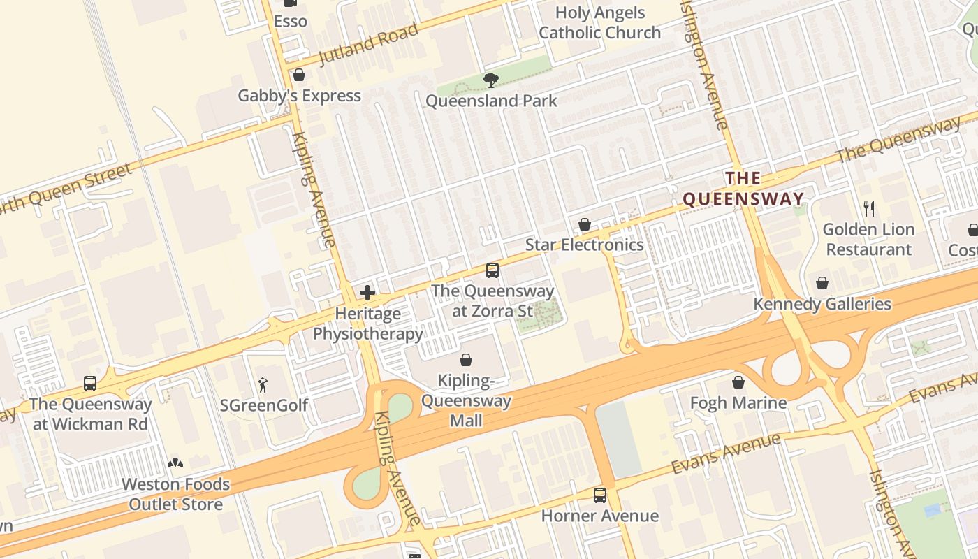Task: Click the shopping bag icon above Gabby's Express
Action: point(299,75)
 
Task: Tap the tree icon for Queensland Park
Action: point(491,80)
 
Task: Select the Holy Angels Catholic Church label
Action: point(599,22)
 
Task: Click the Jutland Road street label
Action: point(368,43)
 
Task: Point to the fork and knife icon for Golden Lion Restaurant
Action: point(869,208)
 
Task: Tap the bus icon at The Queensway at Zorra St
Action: point(492,270)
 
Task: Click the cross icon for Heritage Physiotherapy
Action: point(367,293)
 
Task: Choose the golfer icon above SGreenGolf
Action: point(263,384)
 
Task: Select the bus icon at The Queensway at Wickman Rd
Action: point(90,383)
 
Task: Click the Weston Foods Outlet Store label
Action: point(175,494)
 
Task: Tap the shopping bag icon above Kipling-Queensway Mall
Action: point(466,360)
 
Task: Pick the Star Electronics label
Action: point(584,245)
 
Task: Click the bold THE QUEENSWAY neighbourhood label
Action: point(743,189)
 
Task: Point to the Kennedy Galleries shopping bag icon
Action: point(822,283)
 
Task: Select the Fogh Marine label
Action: point(738,402)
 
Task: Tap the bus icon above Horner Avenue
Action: point(600,495)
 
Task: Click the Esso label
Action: point(290,21)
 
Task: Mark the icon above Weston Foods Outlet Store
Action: point(175,463)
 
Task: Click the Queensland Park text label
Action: point(491,101)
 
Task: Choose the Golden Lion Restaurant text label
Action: point(868,239)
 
